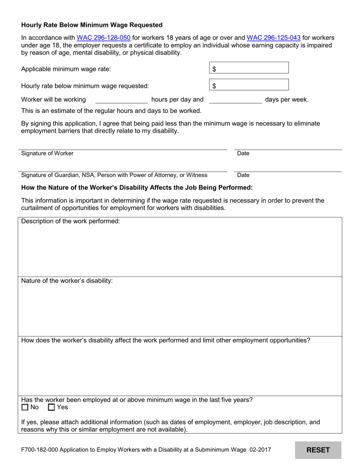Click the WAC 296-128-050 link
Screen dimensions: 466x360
[x=103, y=38]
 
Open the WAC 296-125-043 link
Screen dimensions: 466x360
[x=274, y=38]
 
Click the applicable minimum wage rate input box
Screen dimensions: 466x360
[x=249, y=68]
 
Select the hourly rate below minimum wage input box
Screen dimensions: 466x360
[x=249, y=85]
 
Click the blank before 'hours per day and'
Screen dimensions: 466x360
[x=121, y=100]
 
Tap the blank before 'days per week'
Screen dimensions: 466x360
[x=235, y=100]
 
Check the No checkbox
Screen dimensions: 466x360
[x=25, y=408]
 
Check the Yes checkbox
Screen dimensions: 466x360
[x=52, y=408]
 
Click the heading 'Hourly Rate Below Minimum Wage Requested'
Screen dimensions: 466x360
[x=92, y=25]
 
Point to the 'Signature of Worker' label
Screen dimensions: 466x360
[x=47, y=153]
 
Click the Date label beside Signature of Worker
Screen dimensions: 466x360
[x=243, y=153]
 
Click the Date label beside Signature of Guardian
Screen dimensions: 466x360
[x=243, y=175]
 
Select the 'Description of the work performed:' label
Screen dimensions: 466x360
[x=70, y=221]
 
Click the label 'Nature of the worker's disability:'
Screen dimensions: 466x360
[x=67, y=281]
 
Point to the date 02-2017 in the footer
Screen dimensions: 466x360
[x=260, y=450]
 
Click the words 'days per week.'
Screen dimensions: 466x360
[x=286, y=100]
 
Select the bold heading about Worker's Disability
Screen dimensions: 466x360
[x=137, y=188]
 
